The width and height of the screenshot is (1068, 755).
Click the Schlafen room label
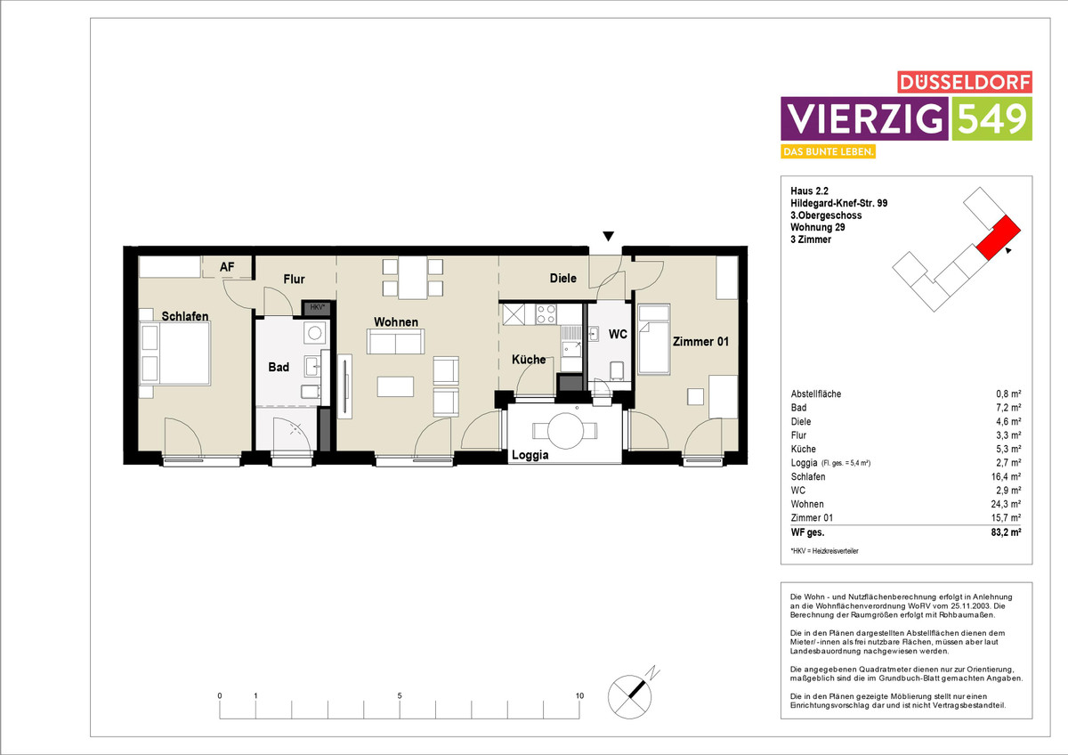[x=185, y=316]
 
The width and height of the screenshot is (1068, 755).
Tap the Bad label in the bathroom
[x=279, y=367]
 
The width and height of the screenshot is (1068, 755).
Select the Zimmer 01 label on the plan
[x=700, y=342]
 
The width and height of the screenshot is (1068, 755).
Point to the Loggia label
[x=530, y=455]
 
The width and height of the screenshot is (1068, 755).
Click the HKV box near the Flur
[x=317, y=308]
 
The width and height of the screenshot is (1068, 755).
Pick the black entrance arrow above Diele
[x=608, y=236]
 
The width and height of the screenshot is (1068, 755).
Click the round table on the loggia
[x=565, y=431]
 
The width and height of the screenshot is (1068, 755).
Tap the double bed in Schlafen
[x=175, y=353]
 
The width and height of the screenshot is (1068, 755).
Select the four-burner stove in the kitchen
[x=546, y=314]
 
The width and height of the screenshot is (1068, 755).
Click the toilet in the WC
[x=617, y=370]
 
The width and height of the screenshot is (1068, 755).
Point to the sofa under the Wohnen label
[x=395, y=342]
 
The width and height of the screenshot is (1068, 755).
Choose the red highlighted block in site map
[x=999, y=238]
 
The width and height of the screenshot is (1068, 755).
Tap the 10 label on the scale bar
[x=579, y=695]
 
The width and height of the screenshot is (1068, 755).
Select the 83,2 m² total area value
[x=1006, y=532]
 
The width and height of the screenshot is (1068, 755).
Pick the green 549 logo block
[x=992, y=118]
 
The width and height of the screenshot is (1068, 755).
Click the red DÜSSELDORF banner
[x=965, y=82]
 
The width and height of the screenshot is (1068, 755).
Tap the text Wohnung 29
[x=818, y=227]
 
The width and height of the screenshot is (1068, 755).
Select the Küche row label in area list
[x=804, y=449]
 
